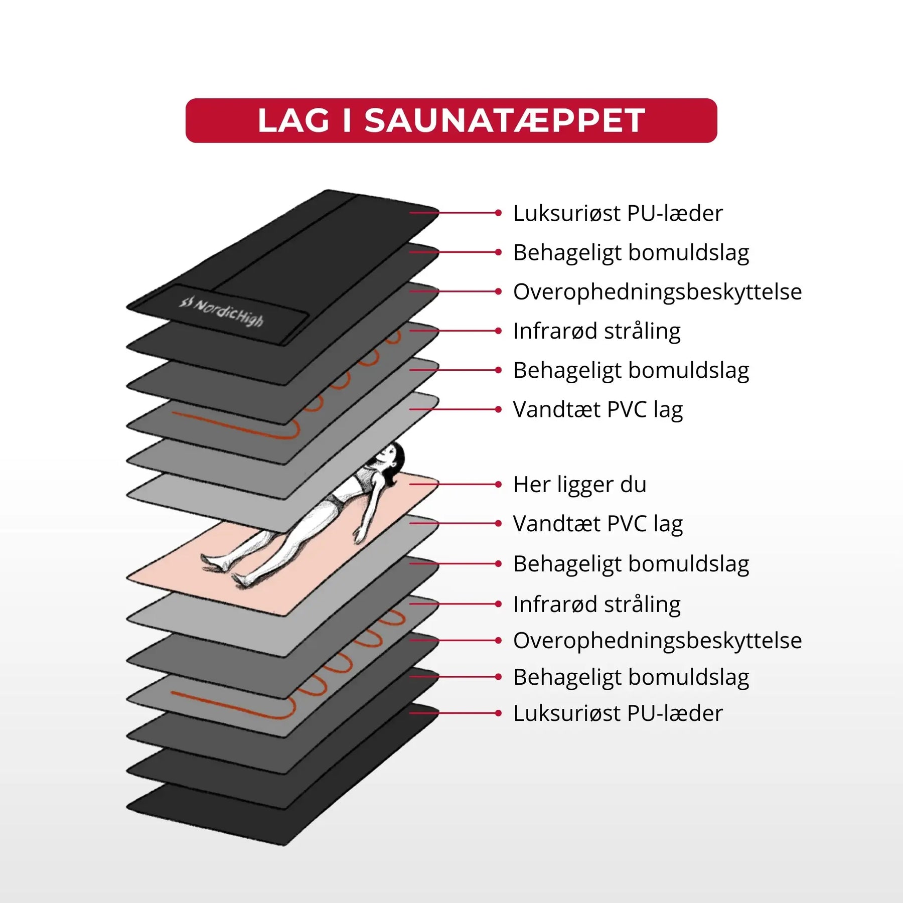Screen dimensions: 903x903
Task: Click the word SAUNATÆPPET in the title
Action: tap(505, 121)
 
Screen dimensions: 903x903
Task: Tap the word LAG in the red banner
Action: tap(293, 121)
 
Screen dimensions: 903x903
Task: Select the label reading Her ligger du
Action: tap(579, 485)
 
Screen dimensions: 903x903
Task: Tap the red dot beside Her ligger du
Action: tap(498, 485)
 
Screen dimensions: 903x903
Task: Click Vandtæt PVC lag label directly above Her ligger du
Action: tap(597, 410)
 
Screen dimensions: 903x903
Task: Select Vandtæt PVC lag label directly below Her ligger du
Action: tap(597, 524)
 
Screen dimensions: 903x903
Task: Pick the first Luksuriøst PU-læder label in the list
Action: tap(618, 214)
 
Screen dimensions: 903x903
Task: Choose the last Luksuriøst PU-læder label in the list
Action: tap(618, 713)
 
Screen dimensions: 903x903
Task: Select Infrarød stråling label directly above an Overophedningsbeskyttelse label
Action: tap(596, 605)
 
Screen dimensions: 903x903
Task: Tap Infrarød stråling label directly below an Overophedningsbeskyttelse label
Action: tap(596, 331)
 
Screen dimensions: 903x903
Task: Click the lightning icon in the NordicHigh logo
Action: tap(187, 303)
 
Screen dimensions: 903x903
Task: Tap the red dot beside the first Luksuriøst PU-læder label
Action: tap(498, 213)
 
